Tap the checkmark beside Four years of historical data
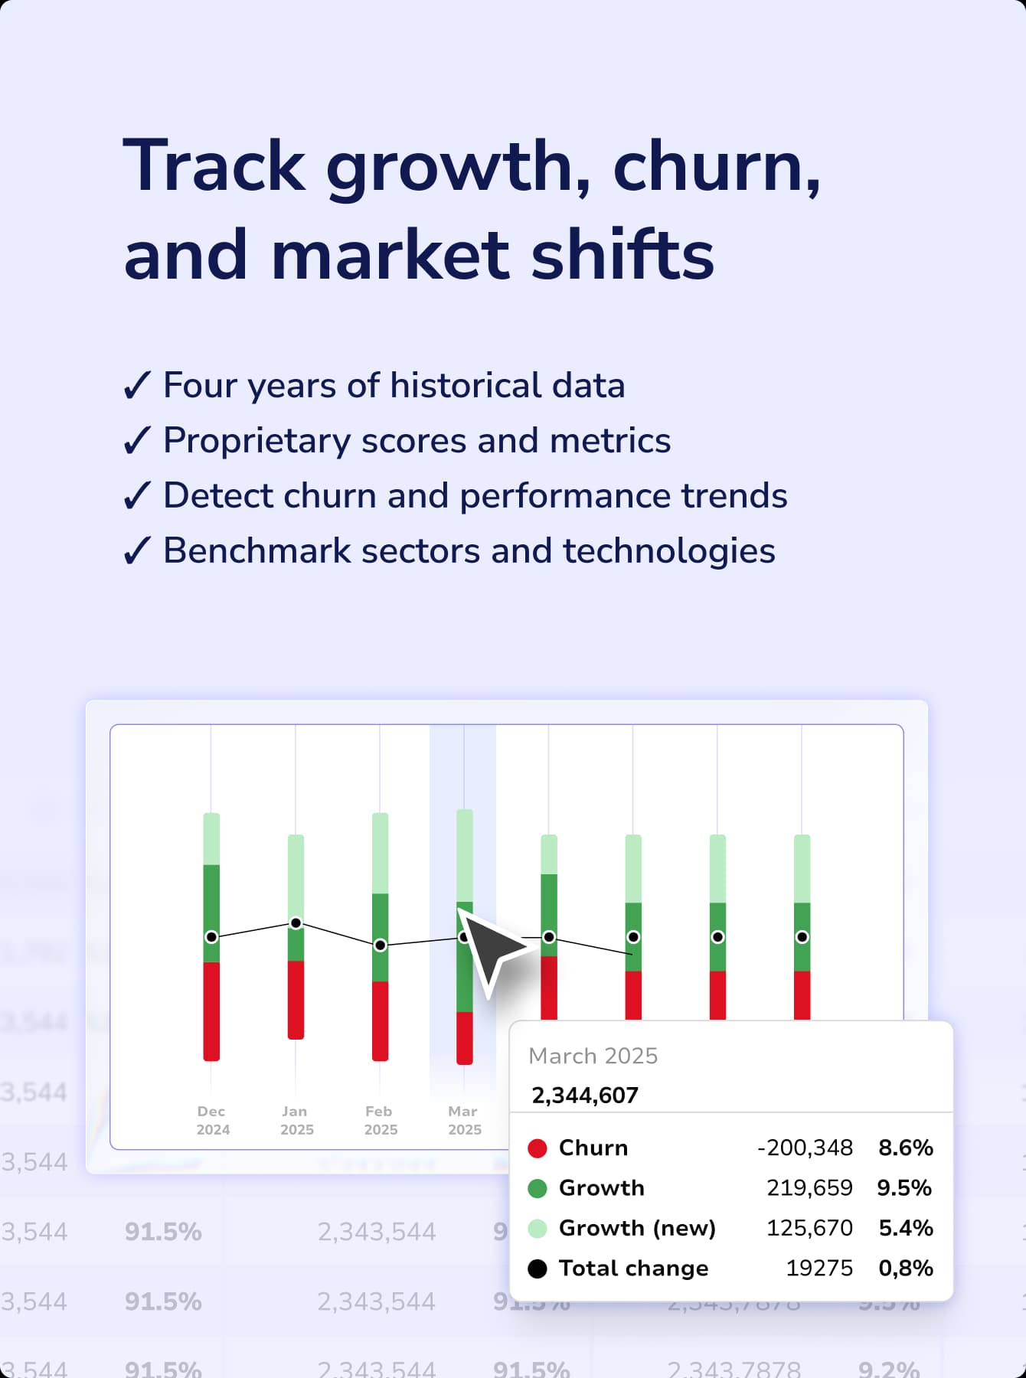tap(137, 386)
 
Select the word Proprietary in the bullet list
tap(256, 442)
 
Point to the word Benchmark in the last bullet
tap(256, 551)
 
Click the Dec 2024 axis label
tap(211, 1120)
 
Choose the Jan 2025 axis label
tap(296, 1120)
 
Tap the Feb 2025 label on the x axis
tap(380, 1120)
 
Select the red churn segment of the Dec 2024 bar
tap(211, 1011)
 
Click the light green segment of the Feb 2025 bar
tap(380, 853)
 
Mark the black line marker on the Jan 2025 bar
tap(296, 923)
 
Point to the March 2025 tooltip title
tap(593, 1056)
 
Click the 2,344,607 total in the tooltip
tap(585, 1096)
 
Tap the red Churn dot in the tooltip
tap(538, 1148)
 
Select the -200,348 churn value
tap(805, 1148)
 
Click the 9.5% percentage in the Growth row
tap(904, 1188)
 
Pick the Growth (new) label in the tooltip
tap(637, 1228)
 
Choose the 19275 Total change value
tap(819, 1269)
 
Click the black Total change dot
tap(538, 1269)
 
